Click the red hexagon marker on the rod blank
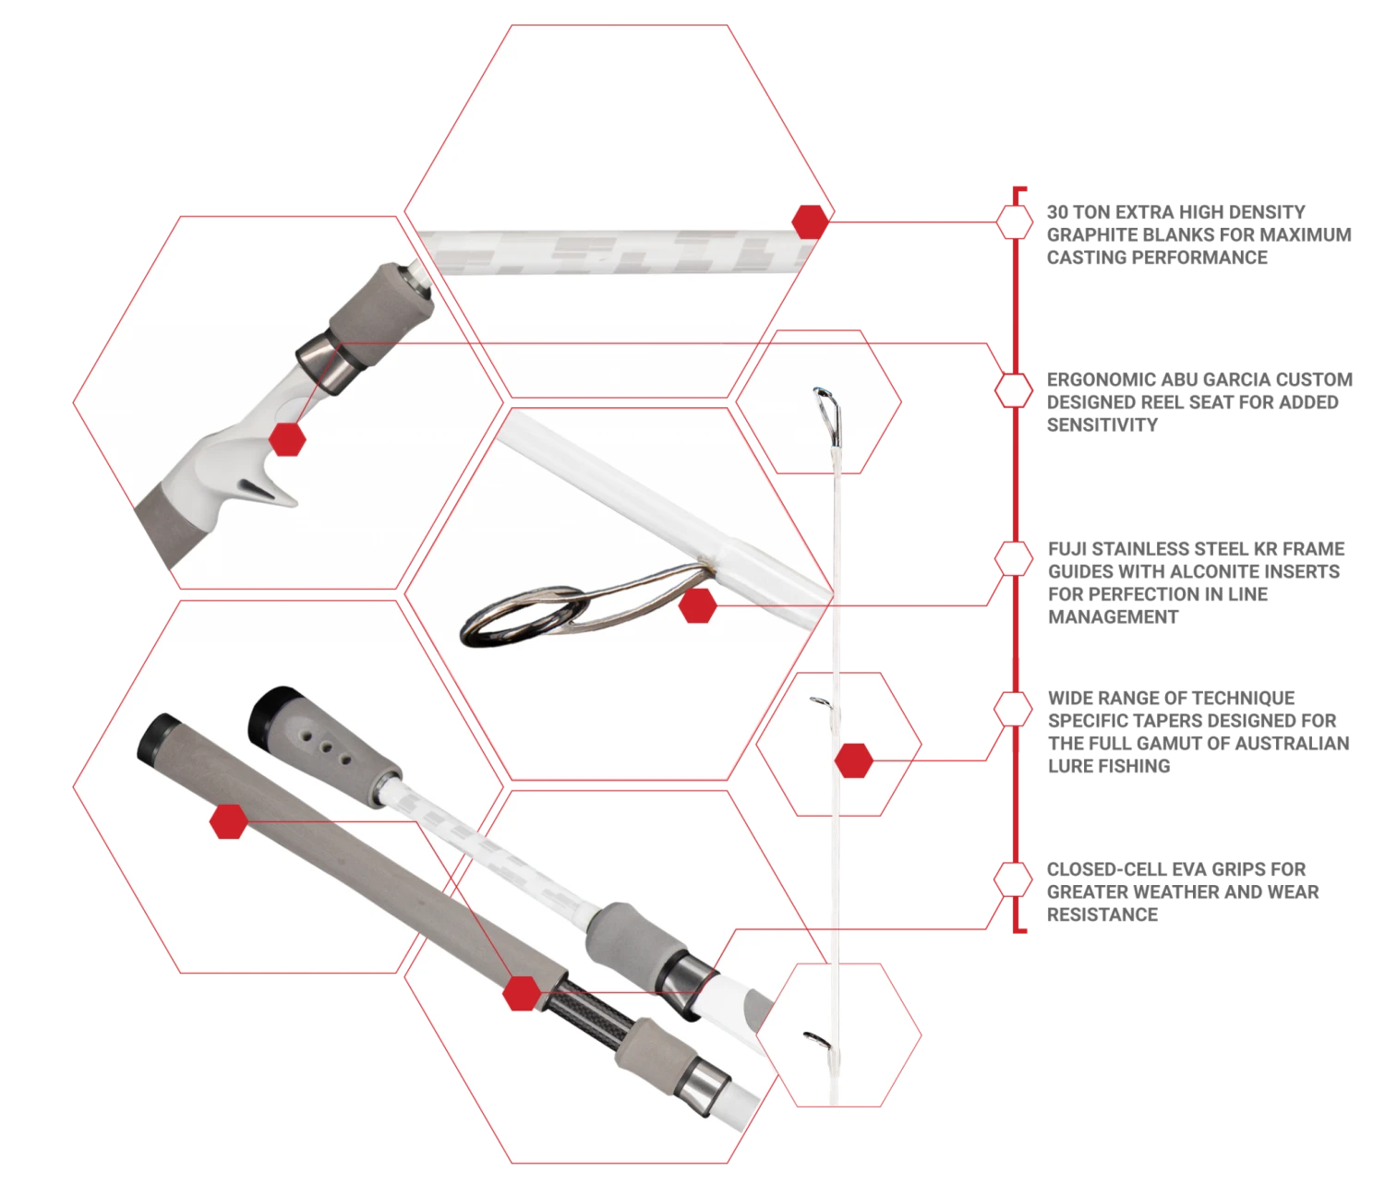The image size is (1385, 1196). [x=811, y=222]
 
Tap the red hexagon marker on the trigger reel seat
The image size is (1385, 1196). [x=288, y=439]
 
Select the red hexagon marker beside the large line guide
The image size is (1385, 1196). [x=698, y=606]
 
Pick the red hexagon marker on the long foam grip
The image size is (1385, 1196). [x=228, y=821]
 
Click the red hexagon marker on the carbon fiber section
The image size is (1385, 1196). [x=523, y=993]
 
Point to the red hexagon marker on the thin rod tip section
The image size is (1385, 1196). [x=854, y=760]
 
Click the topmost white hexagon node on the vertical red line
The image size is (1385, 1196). [x=1015, y=222]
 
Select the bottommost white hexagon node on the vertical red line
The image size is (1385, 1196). [x=1014, y=879]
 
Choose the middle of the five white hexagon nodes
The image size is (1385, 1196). [x=1014, y=558]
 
